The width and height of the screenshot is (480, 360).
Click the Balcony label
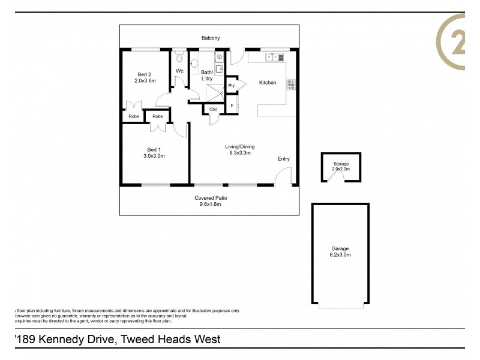point(211,38)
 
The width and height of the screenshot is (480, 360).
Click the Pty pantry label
point(232,86)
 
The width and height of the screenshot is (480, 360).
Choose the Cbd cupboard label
point(213,109)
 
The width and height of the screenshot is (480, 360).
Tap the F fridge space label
point(232,106)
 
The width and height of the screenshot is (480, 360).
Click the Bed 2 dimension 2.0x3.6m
point(145,80)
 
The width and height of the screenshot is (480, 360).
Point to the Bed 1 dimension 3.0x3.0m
point(154,156)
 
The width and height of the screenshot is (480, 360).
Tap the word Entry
point(283,159)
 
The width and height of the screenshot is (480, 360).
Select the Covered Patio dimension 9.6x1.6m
point(211,204)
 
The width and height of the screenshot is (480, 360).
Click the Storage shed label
point(341,164)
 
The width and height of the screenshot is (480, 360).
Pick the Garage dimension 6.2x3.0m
point(340,255)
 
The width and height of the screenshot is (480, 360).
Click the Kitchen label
point(268,83)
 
